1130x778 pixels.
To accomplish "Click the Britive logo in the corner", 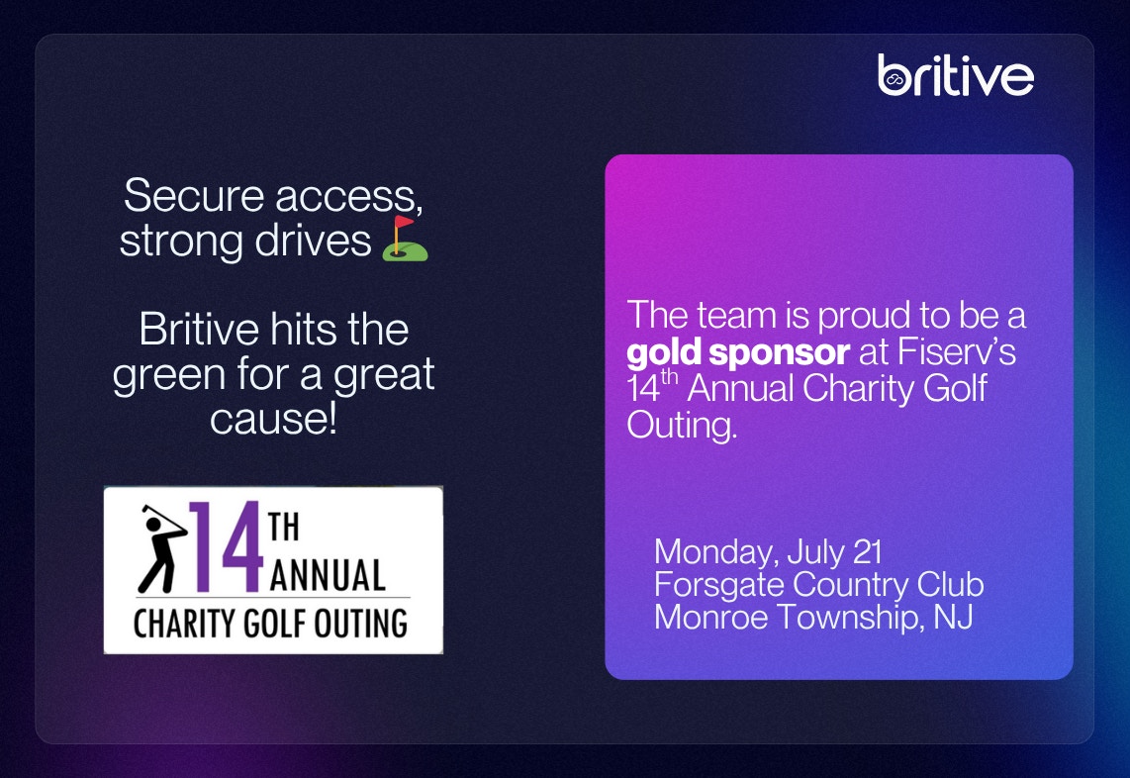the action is (x=956, y=75).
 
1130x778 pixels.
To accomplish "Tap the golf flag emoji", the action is (x=405, y=238).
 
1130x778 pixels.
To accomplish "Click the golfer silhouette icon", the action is (x=162, y=548).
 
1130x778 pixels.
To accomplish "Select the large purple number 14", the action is (x=226, y=547).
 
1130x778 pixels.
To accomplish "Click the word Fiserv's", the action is (x=957, y=351).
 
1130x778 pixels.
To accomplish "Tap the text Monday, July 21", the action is (x=768, y=552).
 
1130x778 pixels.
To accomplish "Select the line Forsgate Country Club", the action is (x=818, y=585).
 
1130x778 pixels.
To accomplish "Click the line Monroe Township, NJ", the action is (x=813, y=618).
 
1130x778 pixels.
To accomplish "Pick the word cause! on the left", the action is (x=274, y=420).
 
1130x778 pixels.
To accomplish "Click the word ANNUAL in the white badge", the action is (x=328, y=575).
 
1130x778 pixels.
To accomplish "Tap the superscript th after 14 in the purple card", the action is (x=670, y=376).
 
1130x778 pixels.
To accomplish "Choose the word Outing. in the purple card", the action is (x=682, y=425).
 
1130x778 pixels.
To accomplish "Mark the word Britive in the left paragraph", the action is (x=199, y=330).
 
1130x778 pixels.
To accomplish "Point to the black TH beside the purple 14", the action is (x=283, y=527).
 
